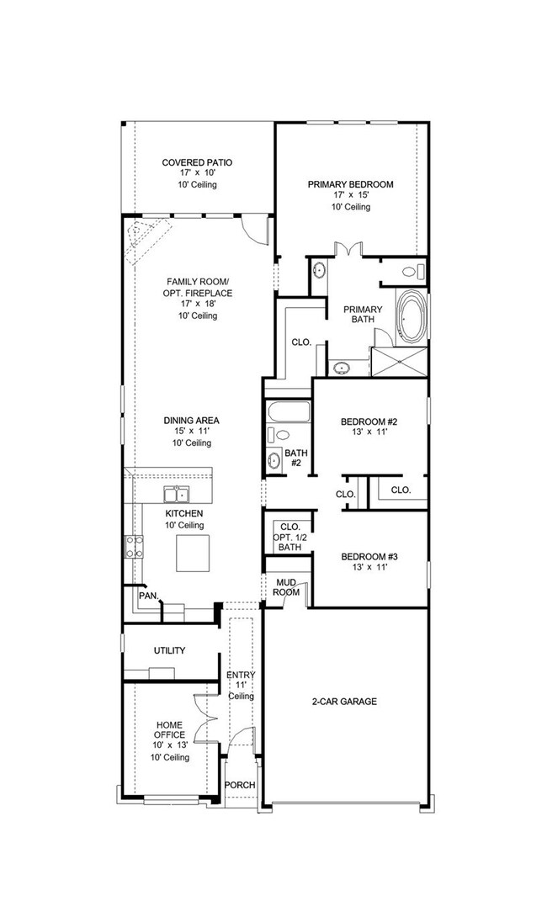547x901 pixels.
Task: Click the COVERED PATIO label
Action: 197,162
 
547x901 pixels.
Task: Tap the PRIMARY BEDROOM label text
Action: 350,184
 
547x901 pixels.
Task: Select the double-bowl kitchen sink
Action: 177,495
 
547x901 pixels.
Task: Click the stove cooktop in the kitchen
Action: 133,548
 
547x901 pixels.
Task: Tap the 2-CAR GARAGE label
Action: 345,701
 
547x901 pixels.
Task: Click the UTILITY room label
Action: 169,650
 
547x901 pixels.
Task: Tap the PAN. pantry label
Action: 148,596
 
